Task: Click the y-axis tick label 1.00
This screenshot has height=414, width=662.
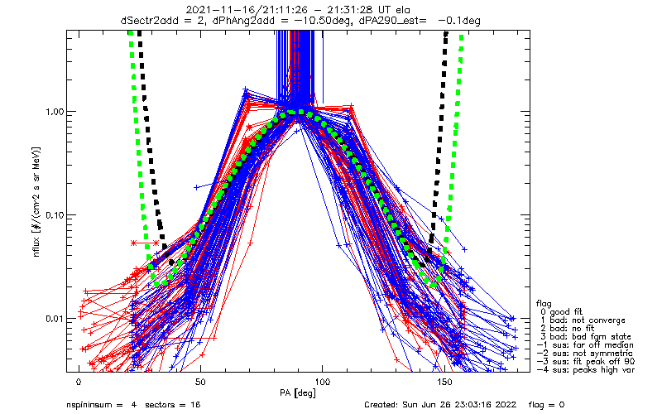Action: [x=55, y=112]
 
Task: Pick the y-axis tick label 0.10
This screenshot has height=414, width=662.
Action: [x=55, y=215]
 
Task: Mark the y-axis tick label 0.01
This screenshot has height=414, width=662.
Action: [x=55, y=319]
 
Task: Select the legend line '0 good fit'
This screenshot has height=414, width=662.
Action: [x=564, y=311]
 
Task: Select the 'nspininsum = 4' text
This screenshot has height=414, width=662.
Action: [x=102, y=406]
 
